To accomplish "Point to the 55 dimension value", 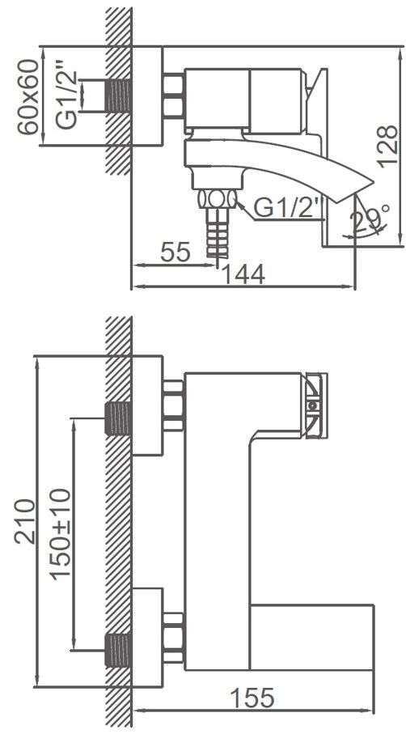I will pyautogui.click(x=175, y=252).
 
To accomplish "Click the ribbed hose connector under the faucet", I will pyautogui.click(x=215, y=235).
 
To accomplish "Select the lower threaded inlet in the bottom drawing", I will pyautogui.click(x=119, y=647).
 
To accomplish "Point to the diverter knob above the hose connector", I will pyautogui.click(x=216, y=199).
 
